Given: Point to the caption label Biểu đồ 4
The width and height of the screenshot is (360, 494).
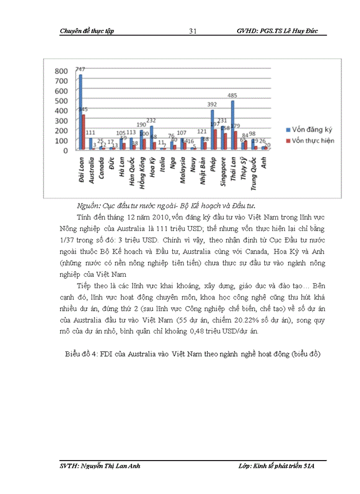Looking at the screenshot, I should pyautogui.click(x=84, y=355).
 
